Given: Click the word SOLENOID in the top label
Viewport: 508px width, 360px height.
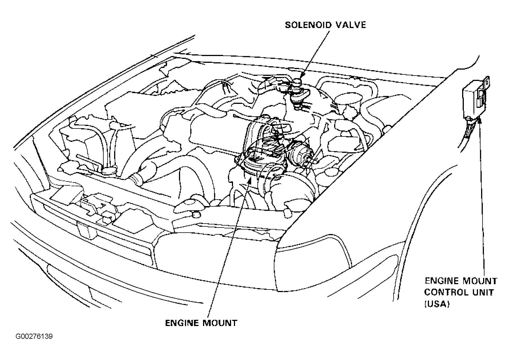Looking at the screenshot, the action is click(306, 25).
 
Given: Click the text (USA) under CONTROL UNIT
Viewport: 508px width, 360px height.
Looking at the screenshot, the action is click(437, 305).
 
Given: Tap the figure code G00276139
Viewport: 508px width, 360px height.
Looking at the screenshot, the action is click(34, 337).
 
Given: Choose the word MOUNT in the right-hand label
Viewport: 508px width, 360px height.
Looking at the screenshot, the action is click(479, 281).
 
